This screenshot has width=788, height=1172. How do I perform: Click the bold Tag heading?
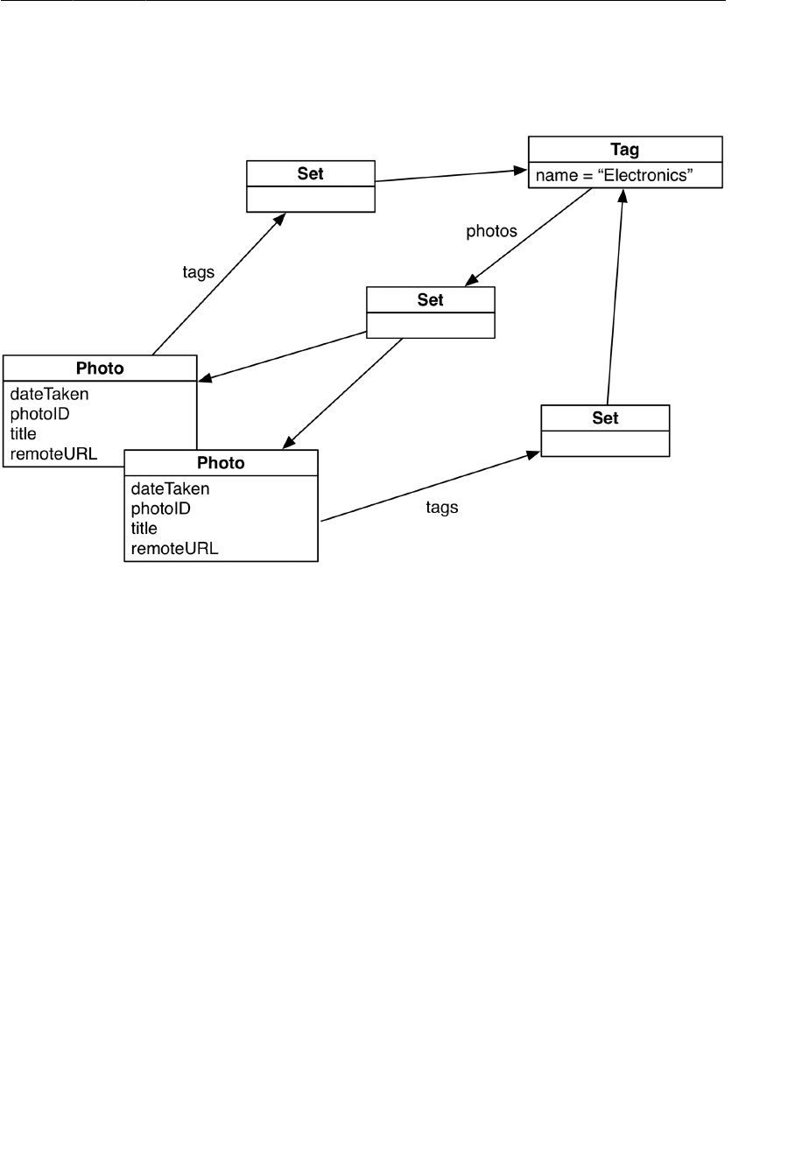(624, 150)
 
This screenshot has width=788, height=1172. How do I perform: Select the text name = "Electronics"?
(615, 176)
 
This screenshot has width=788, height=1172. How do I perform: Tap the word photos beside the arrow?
(491, 232)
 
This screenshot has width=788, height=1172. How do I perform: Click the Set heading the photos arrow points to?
(430, 299)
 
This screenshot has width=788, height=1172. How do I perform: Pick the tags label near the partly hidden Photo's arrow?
(198, 272)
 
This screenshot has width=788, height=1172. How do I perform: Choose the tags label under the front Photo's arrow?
(441, 507)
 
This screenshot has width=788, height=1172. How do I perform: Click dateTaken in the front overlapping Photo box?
(170, 488)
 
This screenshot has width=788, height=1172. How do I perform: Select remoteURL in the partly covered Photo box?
(53, 453)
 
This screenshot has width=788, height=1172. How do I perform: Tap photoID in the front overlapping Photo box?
(160, 509)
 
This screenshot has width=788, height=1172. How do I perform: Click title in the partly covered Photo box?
(24, 433)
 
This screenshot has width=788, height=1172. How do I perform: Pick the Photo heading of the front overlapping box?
(221, 463)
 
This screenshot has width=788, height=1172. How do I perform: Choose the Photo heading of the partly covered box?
(100, 368)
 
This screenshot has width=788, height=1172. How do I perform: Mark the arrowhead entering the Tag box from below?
(623, 196)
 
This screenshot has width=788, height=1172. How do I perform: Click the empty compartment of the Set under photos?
(430, 325)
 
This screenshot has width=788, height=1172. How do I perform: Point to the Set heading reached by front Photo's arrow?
(605, 418)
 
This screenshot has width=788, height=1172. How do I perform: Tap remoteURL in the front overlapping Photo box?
(174, 549)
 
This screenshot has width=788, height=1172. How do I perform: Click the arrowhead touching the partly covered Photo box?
(205, 379)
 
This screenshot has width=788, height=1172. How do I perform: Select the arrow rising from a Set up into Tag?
(615, 298)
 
